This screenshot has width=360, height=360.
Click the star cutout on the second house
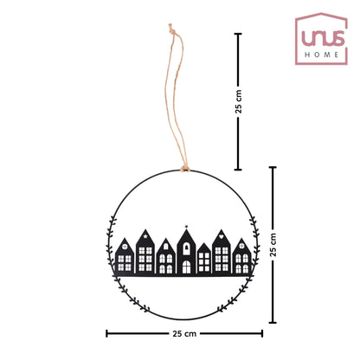[x=145, y=236]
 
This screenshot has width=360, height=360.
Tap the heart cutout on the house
[x=222, y=236]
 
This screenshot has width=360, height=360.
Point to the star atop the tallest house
[x=186, y=226]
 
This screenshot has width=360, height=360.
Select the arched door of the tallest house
[x=186, y=267]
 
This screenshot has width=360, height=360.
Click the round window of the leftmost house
[x=125, y=247]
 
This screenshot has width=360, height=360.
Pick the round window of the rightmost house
[x=241, y=246]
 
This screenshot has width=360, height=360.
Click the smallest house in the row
[x=204, y=258]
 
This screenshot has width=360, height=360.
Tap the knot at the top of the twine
[x=171, y=29]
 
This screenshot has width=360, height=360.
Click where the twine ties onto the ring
[x=185, y=168]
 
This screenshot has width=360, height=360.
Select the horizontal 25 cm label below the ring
[x=184, y=334]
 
